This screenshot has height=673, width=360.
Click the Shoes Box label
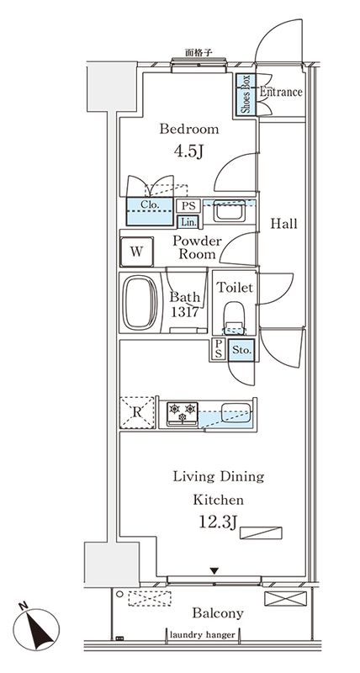coord(246,94)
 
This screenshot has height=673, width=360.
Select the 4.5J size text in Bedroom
coord(189,152)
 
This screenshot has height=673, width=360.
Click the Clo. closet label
coord(151,204)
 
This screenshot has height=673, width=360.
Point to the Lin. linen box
coord(188,221)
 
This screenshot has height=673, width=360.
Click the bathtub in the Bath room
coord(139,304)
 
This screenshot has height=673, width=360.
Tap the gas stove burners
coord(183,412)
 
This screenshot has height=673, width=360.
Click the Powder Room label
coord(196,246)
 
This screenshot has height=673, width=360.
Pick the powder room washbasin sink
coord(228,213)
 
